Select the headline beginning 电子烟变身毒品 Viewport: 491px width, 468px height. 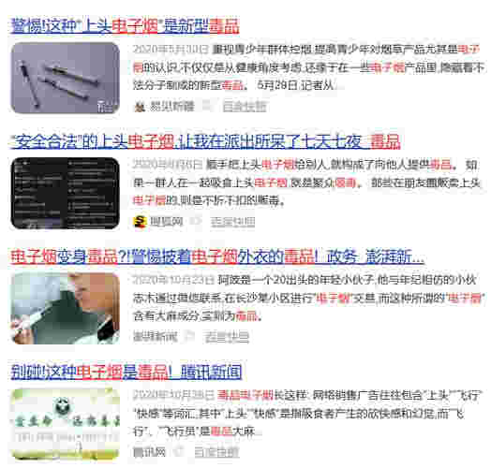pos(216,256)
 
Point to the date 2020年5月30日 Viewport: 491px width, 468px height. pos(171,48)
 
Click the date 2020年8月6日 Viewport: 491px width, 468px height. pos(168,163)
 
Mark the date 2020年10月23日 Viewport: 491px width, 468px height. pos(173,279)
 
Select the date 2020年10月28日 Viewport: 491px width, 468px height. pos(173,394)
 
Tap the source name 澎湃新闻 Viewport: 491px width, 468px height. pos(155,336)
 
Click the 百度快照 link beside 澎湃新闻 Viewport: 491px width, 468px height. pos(228,336)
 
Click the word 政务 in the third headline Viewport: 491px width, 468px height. pos(343,256)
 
